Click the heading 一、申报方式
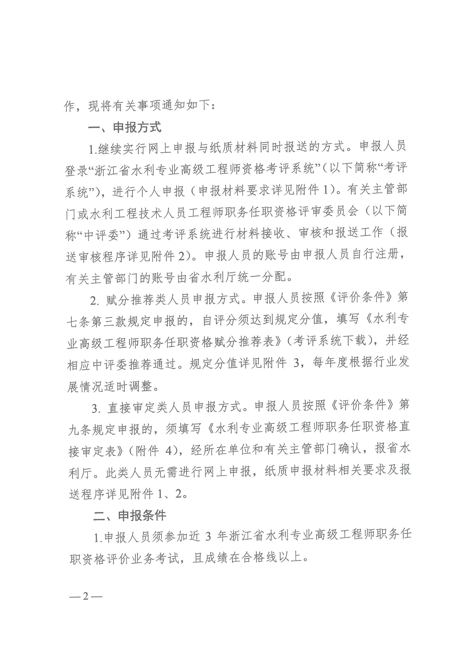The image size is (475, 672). click(125, 127)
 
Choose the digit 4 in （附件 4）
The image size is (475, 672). click(168, 451)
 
